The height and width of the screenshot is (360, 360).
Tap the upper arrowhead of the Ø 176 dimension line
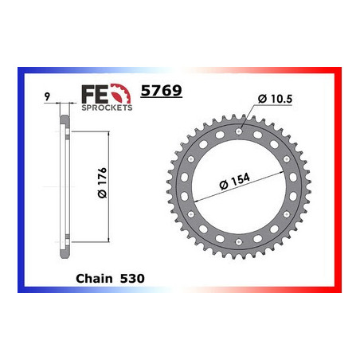106,127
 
